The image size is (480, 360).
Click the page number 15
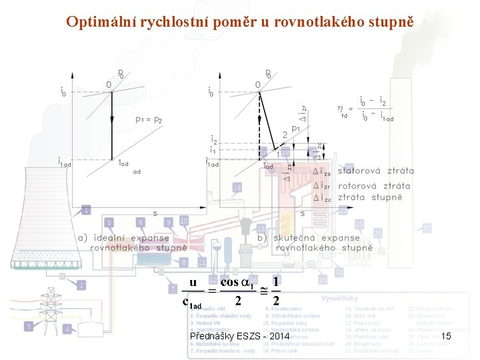click(446, 336)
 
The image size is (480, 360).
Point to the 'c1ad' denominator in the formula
click(191, 303)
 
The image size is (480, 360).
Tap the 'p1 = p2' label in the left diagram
click(150, 120)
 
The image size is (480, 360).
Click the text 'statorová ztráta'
click(375, 171)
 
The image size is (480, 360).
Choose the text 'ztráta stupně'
click(369, 197)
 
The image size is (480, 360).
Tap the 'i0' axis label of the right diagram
click(212, 91)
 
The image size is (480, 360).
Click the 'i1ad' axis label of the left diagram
click(65, 162)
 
